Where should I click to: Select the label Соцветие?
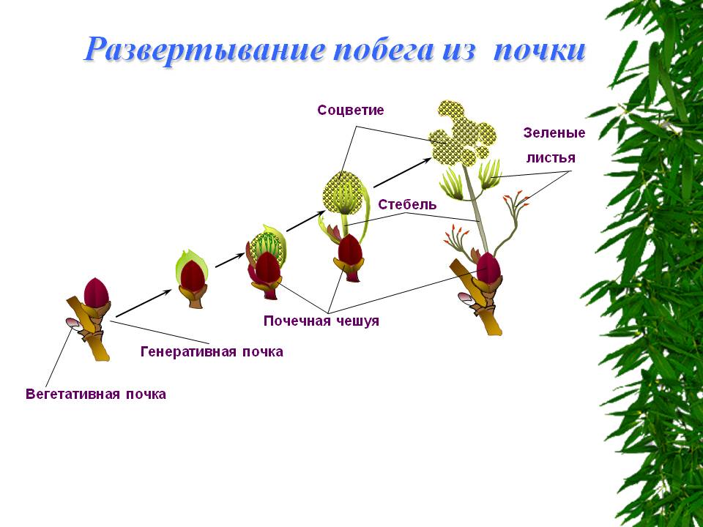pyautogui.click(x=351, y=111)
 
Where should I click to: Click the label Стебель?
pyautogui.click(x=407, y=204)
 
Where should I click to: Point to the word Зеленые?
pyautogui.click(x=554, y=133)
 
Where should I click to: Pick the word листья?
pyautogui.click(x=551, y=158)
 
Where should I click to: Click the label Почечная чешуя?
pyautogui.click(x=321, y=321)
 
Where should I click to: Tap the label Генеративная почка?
pyautogui.click(x=212, y=351)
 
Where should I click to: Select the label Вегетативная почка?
pyautogui.click(x=96, y=395)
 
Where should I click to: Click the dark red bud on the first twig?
pyautogui.click(x=96, y=293)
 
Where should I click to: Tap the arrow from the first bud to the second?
pyautogui.click(x=144, y=303)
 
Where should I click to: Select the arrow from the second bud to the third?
pyautogui.click(x=230, y=260)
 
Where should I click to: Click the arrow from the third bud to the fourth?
pyautogui.click(x=306, y=220)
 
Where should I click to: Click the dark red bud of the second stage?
pyautogui.click(x=192, y=275)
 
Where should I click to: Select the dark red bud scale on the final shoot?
pyautogui.click(x=488, y=268)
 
